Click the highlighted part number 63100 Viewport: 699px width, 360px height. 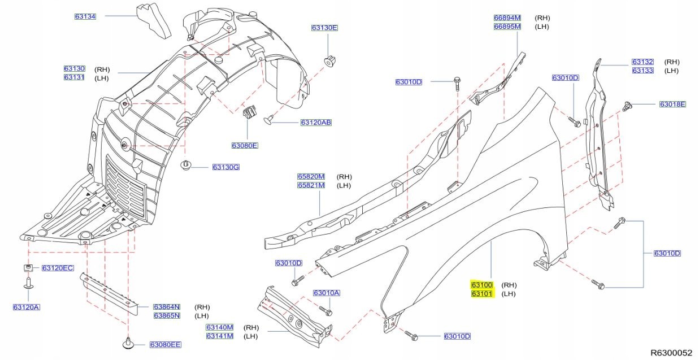pyautogui.click(x=482, y=285)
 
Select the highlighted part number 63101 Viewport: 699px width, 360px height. pyautogui.click(x=482, y=294)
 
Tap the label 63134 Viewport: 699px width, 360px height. pyautogui.click(x=85, y=16)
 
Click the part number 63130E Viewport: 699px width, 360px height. pyautogui.click(x=324, y=28)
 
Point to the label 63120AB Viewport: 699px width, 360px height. pyautogui.click(x=316, y=122)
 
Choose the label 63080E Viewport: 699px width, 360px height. pyautogui.click(x=244, y=146)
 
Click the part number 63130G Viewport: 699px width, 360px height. pyautogui.click(x=226, y=167)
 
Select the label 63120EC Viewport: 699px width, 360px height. pyautogui.click(x=57, y=267)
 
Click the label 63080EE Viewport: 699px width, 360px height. pyautogui.click(x=165, y=344)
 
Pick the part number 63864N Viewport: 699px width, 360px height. pyautogui.click(x=166, y=307)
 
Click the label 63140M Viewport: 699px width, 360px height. pyautogui.click(x=219, y=327)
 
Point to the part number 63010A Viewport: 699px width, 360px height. pyautogui.click(x=327, y=293)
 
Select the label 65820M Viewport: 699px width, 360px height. pyautogui.click(x=311, y=176)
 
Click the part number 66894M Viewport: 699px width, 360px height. pyautogui.click(x=507, y=18)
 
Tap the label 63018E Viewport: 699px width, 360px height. pyautogui.click(x=672, y=104)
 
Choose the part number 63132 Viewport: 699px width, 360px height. pyautogui.click(x=642, y=62)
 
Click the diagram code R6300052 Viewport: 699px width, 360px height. pyautogui.click(x=671, y=353)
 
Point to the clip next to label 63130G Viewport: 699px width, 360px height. pyautogui.click(x=186, y=166)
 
